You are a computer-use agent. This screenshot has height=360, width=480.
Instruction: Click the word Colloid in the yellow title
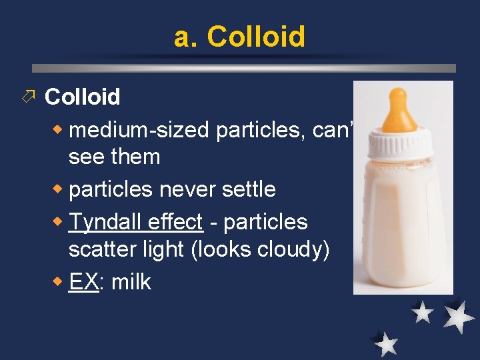tap(256, 37)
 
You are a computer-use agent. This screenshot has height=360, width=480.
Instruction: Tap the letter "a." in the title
tap(186, 37)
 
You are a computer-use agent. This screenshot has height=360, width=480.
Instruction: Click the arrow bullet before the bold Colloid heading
tap(27, 97)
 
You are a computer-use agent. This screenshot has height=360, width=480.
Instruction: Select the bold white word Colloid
tap(82, 97)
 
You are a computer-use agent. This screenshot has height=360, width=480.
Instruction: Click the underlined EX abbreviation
tap(83, 281)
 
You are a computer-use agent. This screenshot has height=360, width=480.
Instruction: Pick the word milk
tap(131, 281)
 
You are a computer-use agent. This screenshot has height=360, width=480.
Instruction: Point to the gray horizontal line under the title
tap(244, 68)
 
